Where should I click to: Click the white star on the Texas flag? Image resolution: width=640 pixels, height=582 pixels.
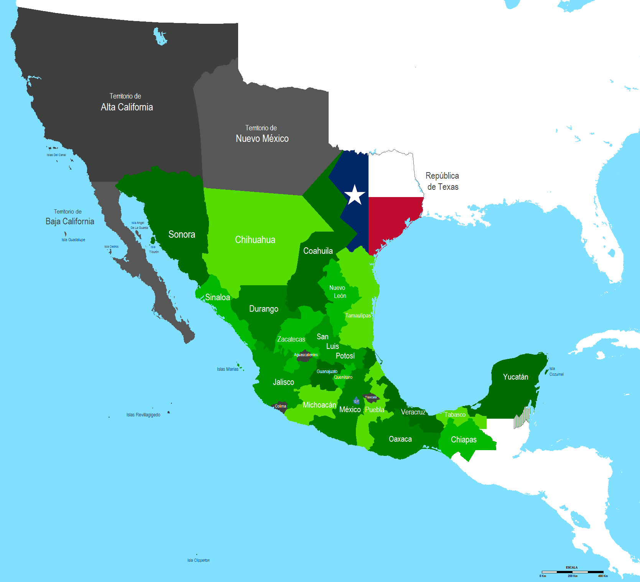(x=355, y=195)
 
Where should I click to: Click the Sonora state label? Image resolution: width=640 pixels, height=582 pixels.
(x=182, y=234)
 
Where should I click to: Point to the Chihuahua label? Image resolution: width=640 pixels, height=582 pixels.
(x=255, y=240)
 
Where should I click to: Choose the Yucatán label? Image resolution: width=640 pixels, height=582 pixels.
(x=515, y=377)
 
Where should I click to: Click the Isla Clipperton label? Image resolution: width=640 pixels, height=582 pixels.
(x=198, y=560)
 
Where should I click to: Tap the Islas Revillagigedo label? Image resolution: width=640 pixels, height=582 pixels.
(x=143, y=415)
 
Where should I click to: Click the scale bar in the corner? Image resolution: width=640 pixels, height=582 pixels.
(x=572, y=572)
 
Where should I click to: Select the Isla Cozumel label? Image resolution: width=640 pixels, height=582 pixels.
(x=556, y=372)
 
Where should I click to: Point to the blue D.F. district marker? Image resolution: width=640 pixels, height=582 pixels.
(x=356, y=401)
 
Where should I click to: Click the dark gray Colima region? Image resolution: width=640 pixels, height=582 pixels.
(x=280, y=406)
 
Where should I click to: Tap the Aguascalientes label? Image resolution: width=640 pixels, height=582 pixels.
(x=306, y=355)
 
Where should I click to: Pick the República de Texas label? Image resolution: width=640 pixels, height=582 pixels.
(x=443, y=181)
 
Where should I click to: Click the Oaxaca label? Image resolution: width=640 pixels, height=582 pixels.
(x=400, y=439)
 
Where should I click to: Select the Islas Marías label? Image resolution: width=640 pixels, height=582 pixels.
(x=227, y=369)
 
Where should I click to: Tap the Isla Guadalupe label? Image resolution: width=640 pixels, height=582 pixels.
(x=73, y=240)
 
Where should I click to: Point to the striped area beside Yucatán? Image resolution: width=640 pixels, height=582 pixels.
(x=522, y=418)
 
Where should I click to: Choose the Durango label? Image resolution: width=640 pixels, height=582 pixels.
(x=264, y=309)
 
